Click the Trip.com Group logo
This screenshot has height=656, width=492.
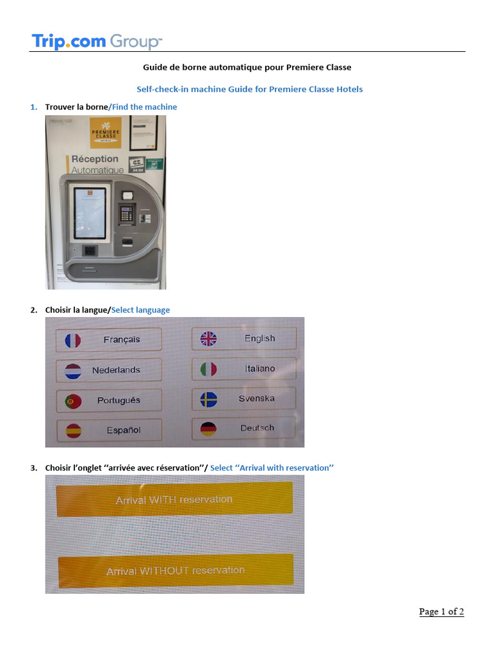coord(97,42)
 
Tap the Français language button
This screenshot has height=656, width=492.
coord(108,340)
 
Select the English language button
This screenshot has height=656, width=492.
coord(244,338)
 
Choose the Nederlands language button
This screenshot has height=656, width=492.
coord(108,370)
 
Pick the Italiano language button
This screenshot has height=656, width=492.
coord(244,368)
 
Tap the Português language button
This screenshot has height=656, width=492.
coord(108,400)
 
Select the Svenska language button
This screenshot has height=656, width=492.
coord(244,398)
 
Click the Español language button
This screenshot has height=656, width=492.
coord(108,430)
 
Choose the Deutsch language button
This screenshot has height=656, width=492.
coord(244,428)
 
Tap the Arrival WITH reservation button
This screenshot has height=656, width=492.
coord(174,499)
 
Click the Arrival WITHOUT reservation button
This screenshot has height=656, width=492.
coord(176,570)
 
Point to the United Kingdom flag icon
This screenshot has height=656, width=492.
coord(209,339)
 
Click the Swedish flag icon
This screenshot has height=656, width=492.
coord(209,400)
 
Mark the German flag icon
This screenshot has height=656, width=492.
coord(208,429)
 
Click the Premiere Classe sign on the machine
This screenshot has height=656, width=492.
coord(105,133)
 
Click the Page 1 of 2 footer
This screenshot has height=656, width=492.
coord(441,612)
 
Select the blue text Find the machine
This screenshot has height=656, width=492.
coord(144,107)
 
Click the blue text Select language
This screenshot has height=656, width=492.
coord(140,310)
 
